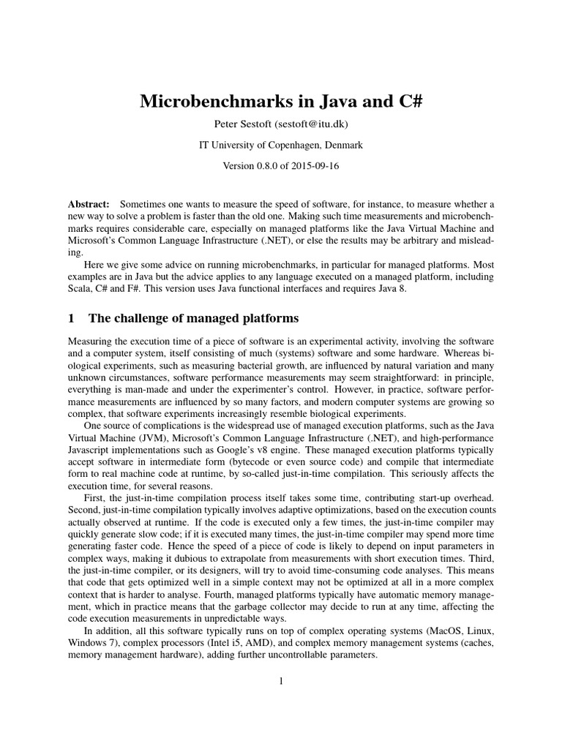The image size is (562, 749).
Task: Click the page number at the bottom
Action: click(x=280, y=681)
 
